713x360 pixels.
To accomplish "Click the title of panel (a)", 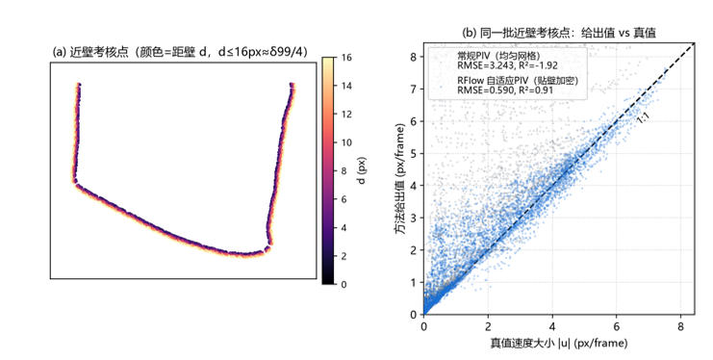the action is click(x=180, y=52).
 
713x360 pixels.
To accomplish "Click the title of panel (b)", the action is click(x=559, y=33).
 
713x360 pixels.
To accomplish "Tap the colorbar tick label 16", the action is click(x=346, y=58).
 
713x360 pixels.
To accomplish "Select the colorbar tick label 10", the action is click(x=346, y=142).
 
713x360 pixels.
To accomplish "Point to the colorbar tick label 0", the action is click(x=344, y=285).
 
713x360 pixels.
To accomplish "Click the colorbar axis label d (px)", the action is click(x=362, y=170).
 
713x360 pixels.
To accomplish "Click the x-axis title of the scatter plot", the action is click(x=559, y=343).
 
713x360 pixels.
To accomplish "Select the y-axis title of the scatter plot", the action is click(x=400, y=179).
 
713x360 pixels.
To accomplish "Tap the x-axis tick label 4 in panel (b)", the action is click(x=552, y=326).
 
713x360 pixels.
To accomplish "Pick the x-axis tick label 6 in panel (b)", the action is click(x=617, y=326).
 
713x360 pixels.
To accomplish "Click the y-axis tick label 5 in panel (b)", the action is click(x=414, y=153).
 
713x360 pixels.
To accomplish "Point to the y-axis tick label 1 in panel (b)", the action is click(x=414, y=282).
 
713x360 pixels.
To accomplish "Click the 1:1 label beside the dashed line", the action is click(x=643, y=117).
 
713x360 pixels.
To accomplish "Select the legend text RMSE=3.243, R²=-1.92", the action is click(x=507, y=65).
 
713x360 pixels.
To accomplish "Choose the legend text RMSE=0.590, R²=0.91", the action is click(x=505, y=90).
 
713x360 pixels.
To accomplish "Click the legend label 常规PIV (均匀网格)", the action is click(x=498, y=56).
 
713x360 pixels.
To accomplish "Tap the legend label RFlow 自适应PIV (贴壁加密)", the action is click(x=518, y=81).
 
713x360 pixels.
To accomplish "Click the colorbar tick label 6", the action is click(x=344, y=199).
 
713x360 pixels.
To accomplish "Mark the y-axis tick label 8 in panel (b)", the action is click(x=414, y=57).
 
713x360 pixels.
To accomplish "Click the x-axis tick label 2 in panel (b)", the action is click(x=488, y=326).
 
